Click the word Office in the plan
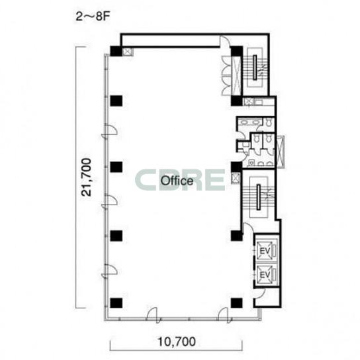click(x=177, y=181)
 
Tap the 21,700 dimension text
click(x=86, y=177)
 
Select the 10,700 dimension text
click(x=176, y=341)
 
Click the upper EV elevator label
click(x=265, y=251)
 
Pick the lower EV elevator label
click(x=265, y=275)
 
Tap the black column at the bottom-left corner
click(x=116, y=303)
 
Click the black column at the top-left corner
click(x=116, y=51)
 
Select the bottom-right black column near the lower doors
click(x=236, y=303)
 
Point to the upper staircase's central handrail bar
click(x=255, y=67)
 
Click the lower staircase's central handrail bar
click(x=259, y=197)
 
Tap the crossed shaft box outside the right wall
click(x=281, y=152)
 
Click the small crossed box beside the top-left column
click(x=126, y=52)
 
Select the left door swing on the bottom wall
click(x=152, y=315)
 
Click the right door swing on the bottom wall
click(x=224, y=315)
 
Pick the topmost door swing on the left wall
click(x=109, y=130)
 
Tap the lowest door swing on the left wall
click(x=109, y=271)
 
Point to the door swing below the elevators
click(x=259, y=294)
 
